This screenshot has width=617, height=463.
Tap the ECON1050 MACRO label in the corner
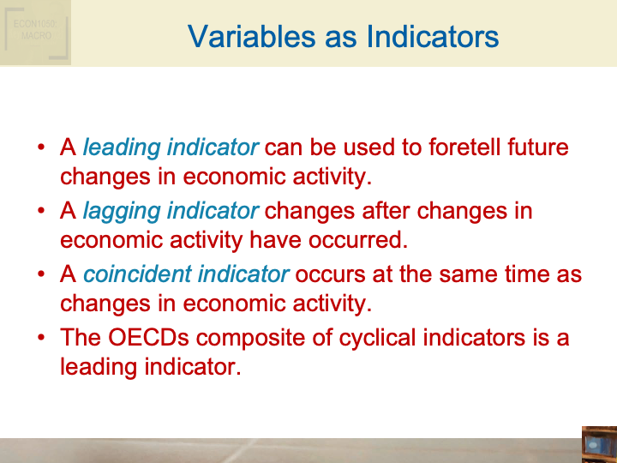pos(35,31)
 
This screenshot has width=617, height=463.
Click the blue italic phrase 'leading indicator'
pos(171,147)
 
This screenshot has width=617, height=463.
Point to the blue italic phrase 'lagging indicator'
pos(171,211)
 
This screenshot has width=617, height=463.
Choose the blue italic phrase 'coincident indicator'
pos(186,274)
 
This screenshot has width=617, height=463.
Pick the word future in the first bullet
pos(536,147)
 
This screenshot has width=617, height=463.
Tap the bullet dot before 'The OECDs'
pos(41,338)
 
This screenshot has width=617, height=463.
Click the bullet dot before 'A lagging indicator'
pos(41,211)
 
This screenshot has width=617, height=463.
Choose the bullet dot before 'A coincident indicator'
pos(41,274)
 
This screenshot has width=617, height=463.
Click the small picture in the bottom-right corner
pos(598,443)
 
